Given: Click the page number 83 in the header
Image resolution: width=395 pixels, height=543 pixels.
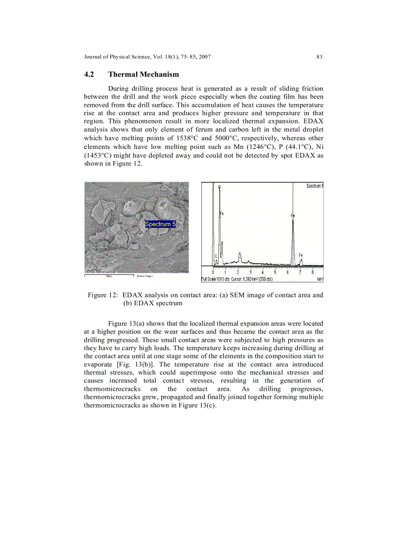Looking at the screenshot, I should [x=319, y=57].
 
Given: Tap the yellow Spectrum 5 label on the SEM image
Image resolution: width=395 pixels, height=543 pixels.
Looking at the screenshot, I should [x=161, y=224].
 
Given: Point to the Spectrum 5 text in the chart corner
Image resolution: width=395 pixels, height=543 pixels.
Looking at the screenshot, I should [x=315, y=186].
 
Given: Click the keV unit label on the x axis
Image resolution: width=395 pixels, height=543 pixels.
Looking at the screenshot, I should [x=320, y=279].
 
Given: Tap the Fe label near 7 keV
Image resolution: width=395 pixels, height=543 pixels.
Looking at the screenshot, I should [x=301, y=255].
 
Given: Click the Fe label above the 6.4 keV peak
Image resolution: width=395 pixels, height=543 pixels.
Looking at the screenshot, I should [x=293, y=216].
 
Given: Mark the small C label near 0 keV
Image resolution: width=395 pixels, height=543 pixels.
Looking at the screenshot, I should [x=216, y=256].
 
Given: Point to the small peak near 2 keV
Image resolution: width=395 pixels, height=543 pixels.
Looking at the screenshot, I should [x=240, y=255].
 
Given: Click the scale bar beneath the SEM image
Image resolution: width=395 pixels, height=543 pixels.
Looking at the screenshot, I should [x=109, y=275].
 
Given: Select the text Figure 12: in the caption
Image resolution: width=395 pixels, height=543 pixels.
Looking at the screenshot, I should [x=103, y=295].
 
